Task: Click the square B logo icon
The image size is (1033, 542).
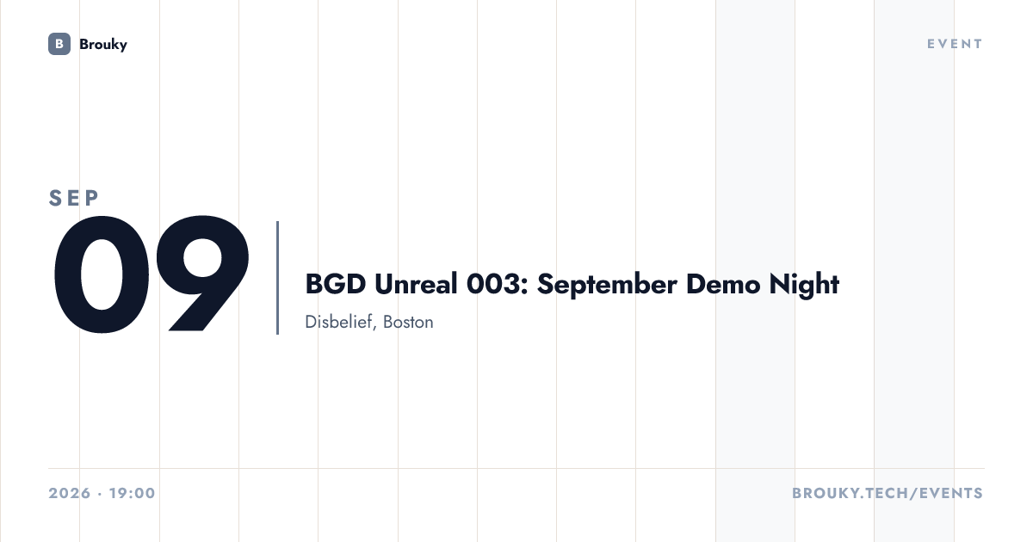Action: [x=59, y=44]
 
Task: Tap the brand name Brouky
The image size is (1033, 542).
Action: [x=103, y=44]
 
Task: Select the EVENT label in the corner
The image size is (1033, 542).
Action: [x=955, y=44]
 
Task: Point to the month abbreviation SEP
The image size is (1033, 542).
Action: [x=74, y=198]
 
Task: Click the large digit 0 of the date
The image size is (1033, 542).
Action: [x=102, y=274]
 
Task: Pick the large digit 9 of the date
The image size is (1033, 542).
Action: [x=202, y=274]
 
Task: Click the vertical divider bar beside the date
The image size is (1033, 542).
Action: [x=277, y=277]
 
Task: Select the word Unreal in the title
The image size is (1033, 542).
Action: [x=416, y=283]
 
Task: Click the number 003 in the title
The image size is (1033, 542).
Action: [x=493, y=283]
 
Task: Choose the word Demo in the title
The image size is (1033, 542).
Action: [x=723, y=283]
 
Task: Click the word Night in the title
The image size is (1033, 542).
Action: [x=804, y=285]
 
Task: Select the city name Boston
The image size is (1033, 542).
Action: [x=408, y=322]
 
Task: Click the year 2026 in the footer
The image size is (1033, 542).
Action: [x=70, y=493]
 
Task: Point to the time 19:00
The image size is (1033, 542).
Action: [x=133, y=493]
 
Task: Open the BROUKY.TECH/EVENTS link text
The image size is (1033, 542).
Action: [x=888, y=493]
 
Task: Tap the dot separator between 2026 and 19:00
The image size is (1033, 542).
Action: [x=100, y=494]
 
